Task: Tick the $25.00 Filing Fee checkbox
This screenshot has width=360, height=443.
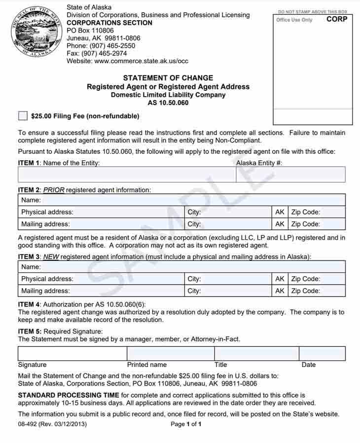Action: (23, 116)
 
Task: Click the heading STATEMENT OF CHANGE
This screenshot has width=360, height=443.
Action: (168, 78)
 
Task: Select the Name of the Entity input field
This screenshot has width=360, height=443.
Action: (127, 175)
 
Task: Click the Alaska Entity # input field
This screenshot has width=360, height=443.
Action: (290, 175)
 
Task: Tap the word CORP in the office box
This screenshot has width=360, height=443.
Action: (337, 19)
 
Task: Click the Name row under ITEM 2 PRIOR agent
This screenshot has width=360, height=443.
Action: (181, 200)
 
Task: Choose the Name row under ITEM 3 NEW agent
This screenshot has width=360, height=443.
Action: (181, 267)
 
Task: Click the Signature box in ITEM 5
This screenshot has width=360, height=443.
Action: (72, 354)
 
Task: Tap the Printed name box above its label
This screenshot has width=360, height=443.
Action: (171, 354)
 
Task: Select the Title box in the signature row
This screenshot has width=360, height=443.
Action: (256, 354)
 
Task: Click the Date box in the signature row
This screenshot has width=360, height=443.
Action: (322, 354)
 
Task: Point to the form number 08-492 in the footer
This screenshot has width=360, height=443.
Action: (28, 424)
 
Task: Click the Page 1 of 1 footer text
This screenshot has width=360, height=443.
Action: (186, 424)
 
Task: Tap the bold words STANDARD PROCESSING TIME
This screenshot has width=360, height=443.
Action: (69, 395)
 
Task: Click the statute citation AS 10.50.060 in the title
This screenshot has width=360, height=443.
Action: (168, 103)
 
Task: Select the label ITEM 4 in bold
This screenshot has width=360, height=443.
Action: (29, 304)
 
